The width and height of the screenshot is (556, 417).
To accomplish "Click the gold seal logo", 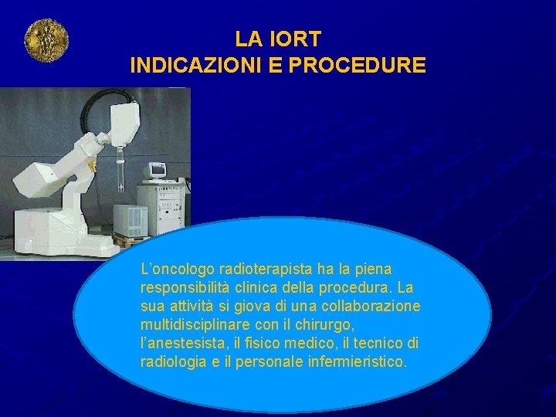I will point(46,40).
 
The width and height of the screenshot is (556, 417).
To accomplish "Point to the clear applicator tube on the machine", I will point(122,174).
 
